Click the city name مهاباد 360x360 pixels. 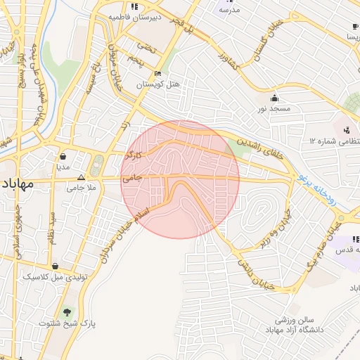pyautogui.click(x=18, y=185)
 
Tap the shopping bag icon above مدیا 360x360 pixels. pyautogui.click(x=63, y=156)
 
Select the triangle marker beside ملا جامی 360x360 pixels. pyautogui.click(x=81, y=178)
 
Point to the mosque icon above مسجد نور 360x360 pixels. pyautogui.click(x=273, y=98)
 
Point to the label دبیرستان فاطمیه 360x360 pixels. pyautogui.click(x=144, y=15)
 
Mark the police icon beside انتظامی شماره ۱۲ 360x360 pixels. pyautogui.click(x=347, y=130)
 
